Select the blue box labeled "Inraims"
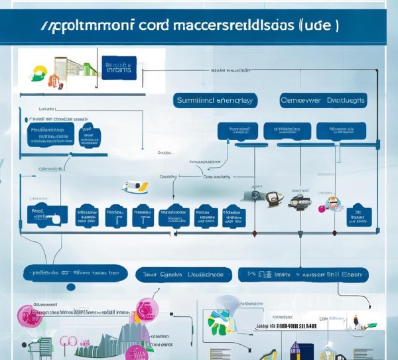[x=119, y=67]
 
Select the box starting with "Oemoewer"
[x=323, y=100]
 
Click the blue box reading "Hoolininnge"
[x=50, y=135]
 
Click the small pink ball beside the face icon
[x=322, y=209]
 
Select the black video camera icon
[x=299, y=202]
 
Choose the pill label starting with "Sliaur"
[x=184, y=273]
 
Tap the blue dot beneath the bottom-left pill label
[x=70, y=286]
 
